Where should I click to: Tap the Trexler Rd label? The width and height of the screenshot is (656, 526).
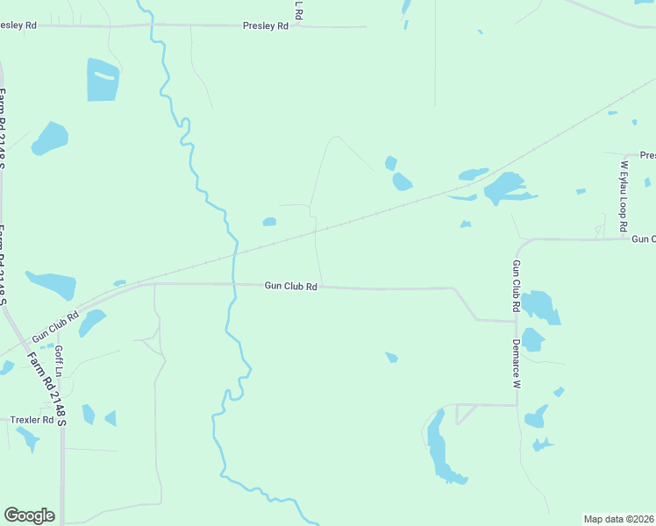tap(32, 420)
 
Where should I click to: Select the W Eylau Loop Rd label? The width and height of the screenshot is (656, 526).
tap(624, 195)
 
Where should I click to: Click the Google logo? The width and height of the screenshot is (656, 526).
tap(29, 515)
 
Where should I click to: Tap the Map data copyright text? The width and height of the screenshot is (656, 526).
tap(619, 518)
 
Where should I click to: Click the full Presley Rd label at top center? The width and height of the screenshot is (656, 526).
tap(265, 26)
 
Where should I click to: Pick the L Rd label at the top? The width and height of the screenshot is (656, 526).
tap(299, 10)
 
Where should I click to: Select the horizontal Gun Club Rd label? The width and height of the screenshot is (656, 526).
tap(290, 286)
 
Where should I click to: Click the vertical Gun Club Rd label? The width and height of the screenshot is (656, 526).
tap(517, 287)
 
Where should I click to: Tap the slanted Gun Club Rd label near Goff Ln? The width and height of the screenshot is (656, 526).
tap(54, 326)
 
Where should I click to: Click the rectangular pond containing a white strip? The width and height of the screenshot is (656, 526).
tap(103, 80)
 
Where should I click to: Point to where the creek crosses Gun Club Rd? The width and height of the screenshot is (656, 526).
tap(234, 284)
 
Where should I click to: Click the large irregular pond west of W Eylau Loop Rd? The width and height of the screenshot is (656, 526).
tap(504, 187)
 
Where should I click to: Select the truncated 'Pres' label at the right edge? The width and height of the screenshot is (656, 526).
tap(647, 155)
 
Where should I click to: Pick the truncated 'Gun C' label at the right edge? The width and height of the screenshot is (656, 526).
tap(643, 238)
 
